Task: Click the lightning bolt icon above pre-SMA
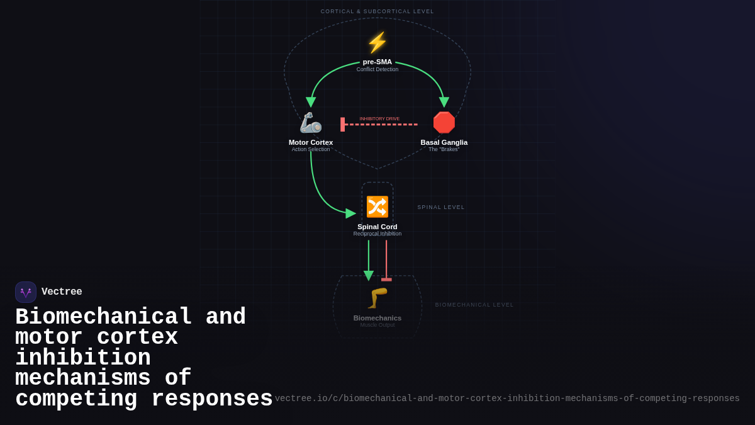[377, 43]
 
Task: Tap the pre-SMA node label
[377, 62]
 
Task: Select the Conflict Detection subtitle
[377, 69]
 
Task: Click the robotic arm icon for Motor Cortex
[311, 123]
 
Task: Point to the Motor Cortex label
[311, 142]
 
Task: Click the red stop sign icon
[444, 123]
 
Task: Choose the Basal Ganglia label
[444, 142]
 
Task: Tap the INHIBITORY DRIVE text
[379, 118]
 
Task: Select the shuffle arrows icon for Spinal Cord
[377, 207]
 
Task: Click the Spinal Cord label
[377, 227]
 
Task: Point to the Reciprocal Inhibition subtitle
[377, 234]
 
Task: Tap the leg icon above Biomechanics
[377, 298]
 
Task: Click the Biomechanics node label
[377, 318]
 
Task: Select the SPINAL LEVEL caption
[441, 207]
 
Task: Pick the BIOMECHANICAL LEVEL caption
[474, 305]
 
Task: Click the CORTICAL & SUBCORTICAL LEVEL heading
[377, 11]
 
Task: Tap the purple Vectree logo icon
[26, 292]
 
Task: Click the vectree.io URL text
[507, 399]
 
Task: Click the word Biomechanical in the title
[104, 317]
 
